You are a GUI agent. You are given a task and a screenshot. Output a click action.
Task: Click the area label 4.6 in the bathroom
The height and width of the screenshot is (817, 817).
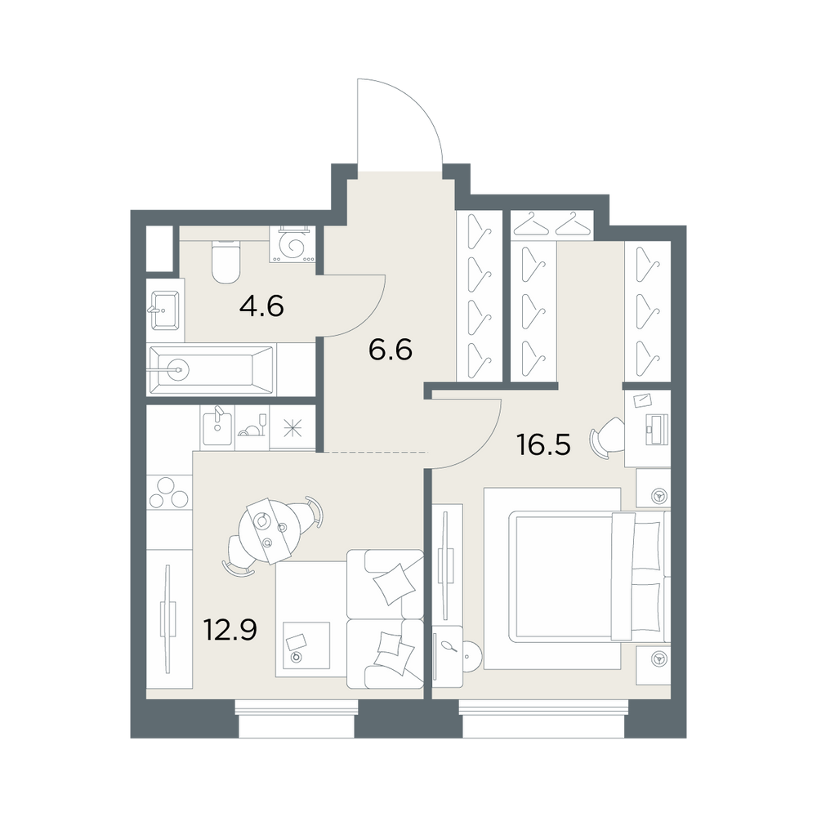point(261,306)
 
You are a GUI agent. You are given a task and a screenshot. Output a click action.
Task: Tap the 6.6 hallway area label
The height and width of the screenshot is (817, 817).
point(391,349)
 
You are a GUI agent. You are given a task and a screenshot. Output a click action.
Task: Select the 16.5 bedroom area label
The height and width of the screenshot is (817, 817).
point(543,444)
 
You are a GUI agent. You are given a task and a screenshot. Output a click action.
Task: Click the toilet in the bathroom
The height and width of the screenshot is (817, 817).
point(225,261)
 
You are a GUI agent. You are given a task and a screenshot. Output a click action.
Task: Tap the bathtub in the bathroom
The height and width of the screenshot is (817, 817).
point(211,370)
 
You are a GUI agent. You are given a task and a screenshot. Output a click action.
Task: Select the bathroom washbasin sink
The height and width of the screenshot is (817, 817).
point(165,310)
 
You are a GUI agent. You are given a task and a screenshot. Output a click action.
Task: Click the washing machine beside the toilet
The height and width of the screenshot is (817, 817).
point(292,243)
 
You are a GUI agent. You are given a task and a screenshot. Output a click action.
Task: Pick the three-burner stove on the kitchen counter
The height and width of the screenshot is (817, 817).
point(168,493)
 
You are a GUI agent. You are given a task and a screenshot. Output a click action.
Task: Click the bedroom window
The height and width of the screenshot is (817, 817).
point(543,719)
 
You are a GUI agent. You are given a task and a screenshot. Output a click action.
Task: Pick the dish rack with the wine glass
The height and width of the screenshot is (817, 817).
point(252,426)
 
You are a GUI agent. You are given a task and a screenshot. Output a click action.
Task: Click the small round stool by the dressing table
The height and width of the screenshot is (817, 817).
point(473,656)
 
